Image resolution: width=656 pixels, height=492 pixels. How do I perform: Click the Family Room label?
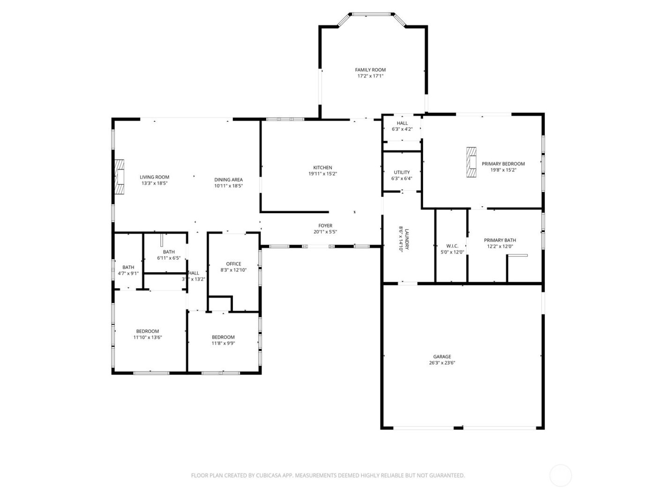pos(370,70)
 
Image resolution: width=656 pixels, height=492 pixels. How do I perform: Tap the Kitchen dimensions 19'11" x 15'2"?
pos(322,174)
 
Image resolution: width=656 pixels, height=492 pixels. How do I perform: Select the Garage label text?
pos(442,357)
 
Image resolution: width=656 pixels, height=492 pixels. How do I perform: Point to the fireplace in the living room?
pos(120,177)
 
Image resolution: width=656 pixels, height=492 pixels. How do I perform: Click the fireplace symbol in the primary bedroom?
pos(471,163)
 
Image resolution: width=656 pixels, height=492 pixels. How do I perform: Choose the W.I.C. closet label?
pos(452,246)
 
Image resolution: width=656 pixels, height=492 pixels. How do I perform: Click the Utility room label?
pos(402,172)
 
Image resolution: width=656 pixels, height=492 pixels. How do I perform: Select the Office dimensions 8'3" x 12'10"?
pos(233,270)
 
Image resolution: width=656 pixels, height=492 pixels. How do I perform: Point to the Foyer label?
pos(325,225)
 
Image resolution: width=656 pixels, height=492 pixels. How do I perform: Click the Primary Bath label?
pos(500,240)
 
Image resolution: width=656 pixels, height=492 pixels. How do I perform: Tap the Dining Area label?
pos(228,179)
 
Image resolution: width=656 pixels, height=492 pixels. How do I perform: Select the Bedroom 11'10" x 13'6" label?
pos(148,331)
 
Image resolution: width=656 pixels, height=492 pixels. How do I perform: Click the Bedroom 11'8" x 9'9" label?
pos(223,337)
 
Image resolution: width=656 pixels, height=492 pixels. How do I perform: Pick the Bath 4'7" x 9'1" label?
pos(128,267)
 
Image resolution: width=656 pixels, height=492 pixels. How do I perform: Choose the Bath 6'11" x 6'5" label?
pos(169,252)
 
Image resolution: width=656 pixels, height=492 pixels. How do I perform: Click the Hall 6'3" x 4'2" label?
pos(402,123)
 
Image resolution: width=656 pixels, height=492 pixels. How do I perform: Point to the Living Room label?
pos(154,177)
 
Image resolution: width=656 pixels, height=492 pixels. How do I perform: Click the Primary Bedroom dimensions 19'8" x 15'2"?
pos(503,170)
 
